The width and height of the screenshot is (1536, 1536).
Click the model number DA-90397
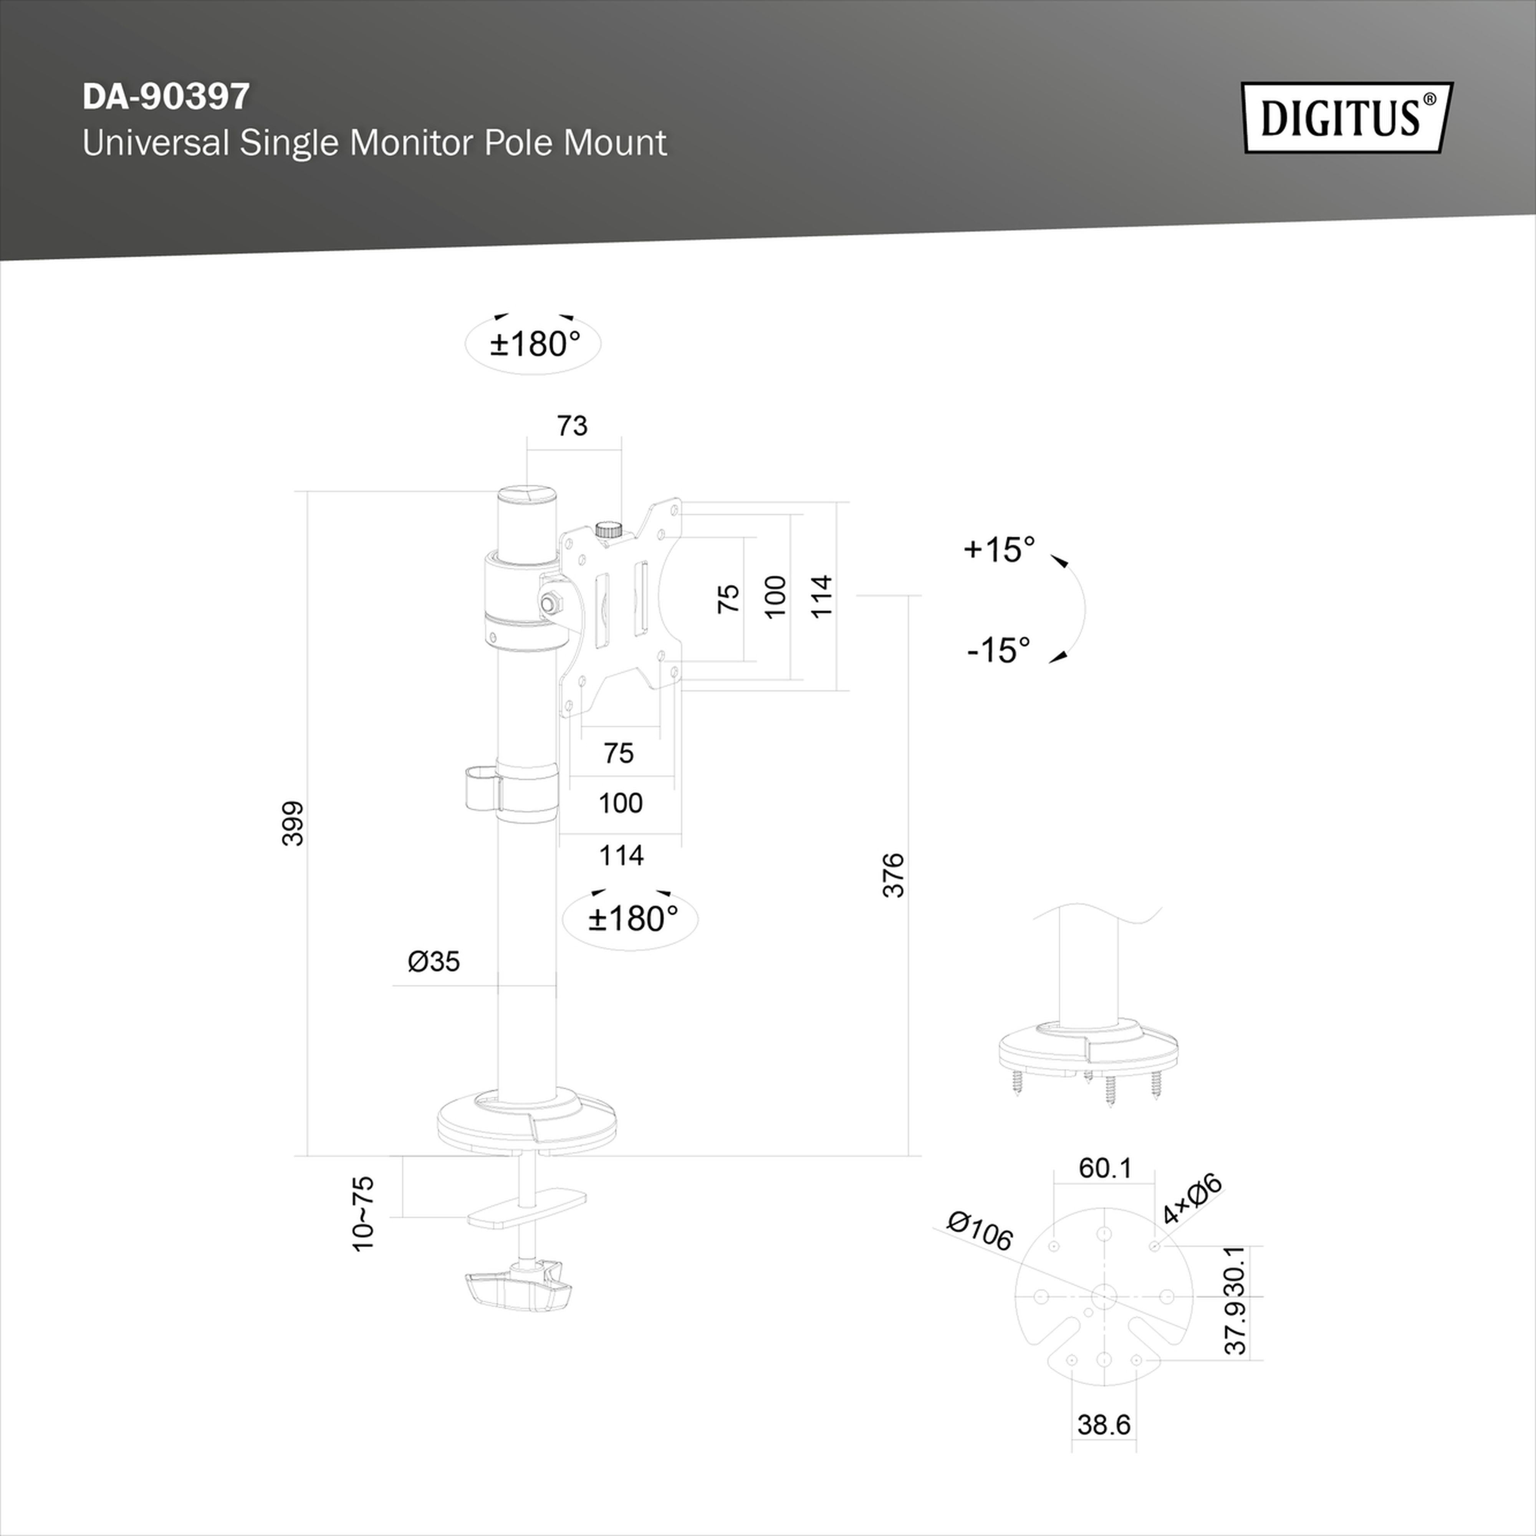coord(166,96)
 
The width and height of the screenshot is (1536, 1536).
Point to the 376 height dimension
coord(894,874)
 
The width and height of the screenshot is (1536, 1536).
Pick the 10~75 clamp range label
coord(362,1214)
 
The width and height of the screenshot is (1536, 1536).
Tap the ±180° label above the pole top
coord(534,343)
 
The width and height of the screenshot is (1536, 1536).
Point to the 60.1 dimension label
coord(1104,1168)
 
